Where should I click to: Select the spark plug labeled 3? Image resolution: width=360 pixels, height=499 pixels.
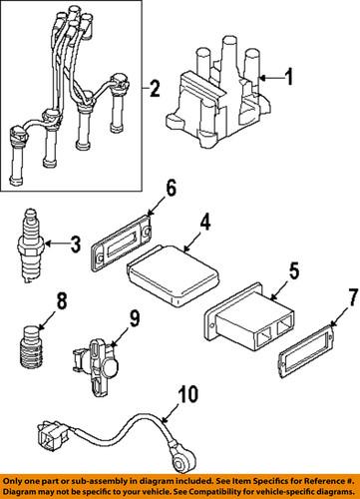click(30, 241)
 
